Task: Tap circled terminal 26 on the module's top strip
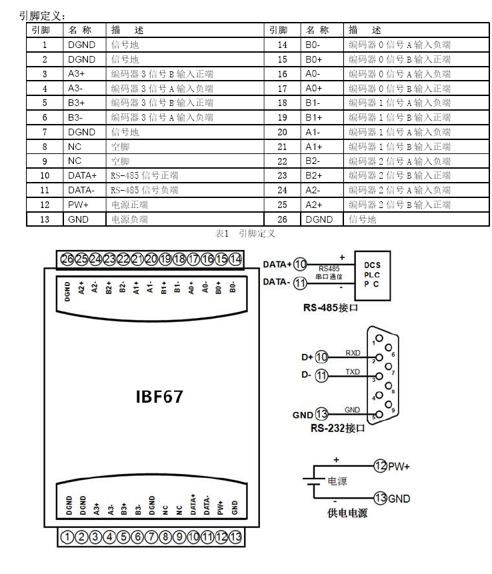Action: (x=67, y=259)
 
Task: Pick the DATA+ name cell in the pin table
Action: (x=82, y=175)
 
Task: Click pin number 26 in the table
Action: (x=282, y=219)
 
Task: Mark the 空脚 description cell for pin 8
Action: (x=120, y=146)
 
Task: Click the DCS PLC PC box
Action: (x=373, y=273)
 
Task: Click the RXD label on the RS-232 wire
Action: (x=353, y=353)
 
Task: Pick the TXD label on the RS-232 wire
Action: (x=353, y=371)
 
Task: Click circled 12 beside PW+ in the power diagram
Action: (x=380, y=466)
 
